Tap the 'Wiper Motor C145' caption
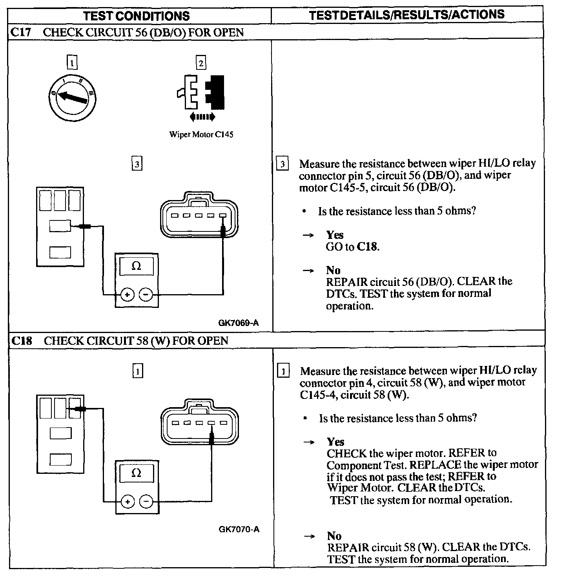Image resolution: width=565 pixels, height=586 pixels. coord(201,135)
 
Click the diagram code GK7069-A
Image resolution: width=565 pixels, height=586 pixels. coord(239,323)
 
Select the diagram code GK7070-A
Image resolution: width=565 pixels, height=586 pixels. coord(239,529)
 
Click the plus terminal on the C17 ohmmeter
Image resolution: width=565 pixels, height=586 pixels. coord(127,294)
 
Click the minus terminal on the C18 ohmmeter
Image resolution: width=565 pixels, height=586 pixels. coord(146,501)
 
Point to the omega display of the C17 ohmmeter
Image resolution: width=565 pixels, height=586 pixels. coord(136,266)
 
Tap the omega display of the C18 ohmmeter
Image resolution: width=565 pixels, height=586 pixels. coord(136,473)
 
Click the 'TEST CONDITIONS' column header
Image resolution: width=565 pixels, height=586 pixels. coord(137,16)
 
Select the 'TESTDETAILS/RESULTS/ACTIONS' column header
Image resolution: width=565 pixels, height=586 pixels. coord(406,15)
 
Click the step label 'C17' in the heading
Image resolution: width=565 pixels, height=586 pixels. coord(20,32)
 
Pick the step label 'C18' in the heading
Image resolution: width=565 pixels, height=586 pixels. coord(21,340)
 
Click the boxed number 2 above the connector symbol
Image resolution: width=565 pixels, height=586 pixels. coord(201,63)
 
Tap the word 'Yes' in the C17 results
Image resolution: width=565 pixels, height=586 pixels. coord(335,235)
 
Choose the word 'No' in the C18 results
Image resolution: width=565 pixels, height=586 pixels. coord(334,536)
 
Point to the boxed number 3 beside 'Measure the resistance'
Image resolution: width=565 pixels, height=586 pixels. coord(282,164)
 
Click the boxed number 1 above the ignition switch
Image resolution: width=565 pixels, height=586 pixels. coord(72,62)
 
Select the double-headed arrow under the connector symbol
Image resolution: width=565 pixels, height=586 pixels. coord(202,116)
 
